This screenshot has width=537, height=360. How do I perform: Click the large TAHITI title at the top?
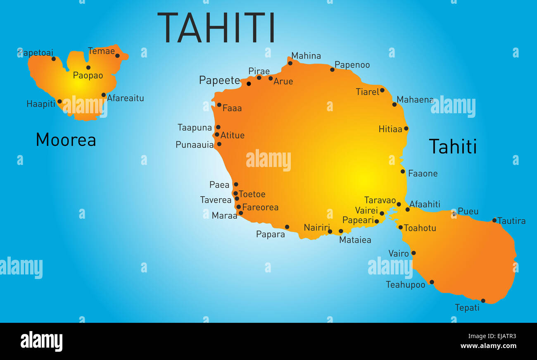click(216, 28)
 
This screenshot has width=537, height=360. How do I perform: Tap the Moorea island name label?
click(66, 140)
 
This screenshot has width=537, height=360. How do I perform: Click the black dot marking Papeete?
click(249, 83)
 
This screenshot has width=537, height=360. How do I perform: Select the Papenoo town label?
click(352, 65)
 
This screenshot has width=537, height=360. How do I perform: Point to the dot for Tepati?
click(483, 300)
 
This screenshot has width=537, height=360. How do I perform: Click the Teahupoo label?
click(405, 285)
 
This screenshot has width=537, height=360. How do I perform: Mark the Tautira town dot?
click(494, 220)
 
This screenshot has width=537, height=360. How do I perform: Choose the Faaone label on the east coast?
click(423, 174)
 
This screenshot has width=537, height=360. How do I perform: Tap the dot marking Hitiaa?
click(406, 129)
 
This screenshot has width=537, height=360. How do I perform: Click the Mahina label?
click(306, 56)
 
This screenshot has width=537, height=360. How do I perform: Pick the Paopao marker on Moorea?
click(88, 67)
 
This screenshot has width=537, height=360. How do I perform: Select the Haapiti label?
click(40, 104)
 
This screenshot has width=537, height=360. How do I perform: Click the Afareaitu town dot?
click(104, 95)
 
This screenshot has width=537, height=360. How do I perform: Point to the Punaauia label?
click(195, 145)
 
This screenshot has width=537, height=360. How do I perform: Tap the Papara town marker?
click(287, 227)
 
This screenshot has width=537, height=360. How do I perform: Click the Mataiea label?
click(355, 240)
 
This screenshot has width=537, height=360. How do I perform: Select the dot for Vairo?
click(413, 253)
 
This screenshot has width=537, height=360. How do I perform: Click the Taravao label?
click(380, 200)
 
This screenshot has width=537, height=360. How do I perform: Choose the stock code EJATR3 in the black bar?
click(502, 336)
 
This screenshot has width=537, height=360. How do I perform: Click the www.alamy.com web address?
click(488, 346)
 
